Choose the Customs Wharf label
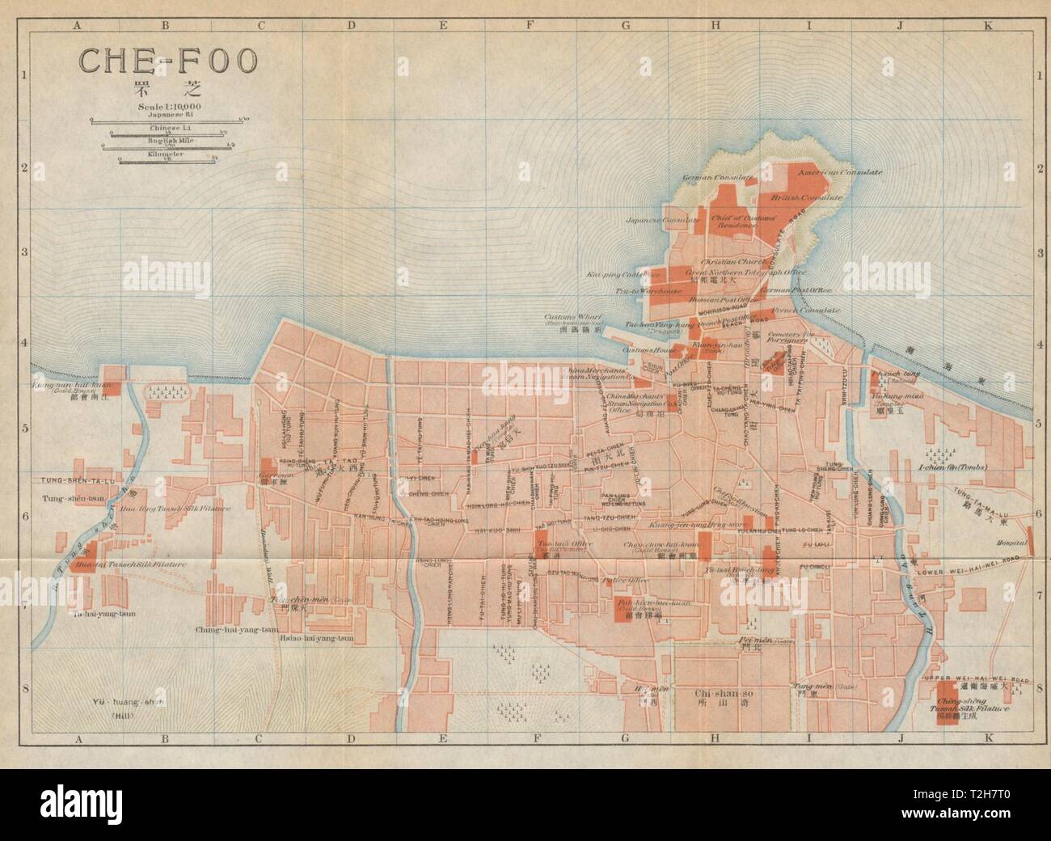(x=582, y=319)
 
